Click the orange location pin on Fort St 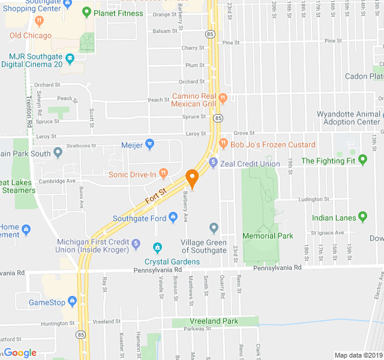pos(192,178)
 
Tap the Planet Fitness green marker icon pos(87,12)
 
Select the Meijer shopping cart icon pos(150,144)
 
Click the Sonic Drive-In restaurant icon pos(164,175)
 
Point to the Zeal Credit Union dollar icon pos(212,163)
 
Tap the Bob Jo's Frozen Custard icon pos(223,144)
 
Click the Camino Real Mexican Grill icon pos(223,97)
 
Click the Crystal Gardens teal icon pos(157,247)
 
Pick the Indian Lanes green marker pos(362,217)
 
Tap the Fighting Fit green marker pos(362,160)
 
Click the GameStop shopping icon pos(73,302)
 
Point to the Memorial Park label pos(268,236)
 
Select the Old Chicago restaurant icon pos(39,21)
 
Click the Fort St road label pos(155,194)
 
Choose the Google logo pos(20,353)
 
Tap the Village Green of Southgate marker pos(214,227)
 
